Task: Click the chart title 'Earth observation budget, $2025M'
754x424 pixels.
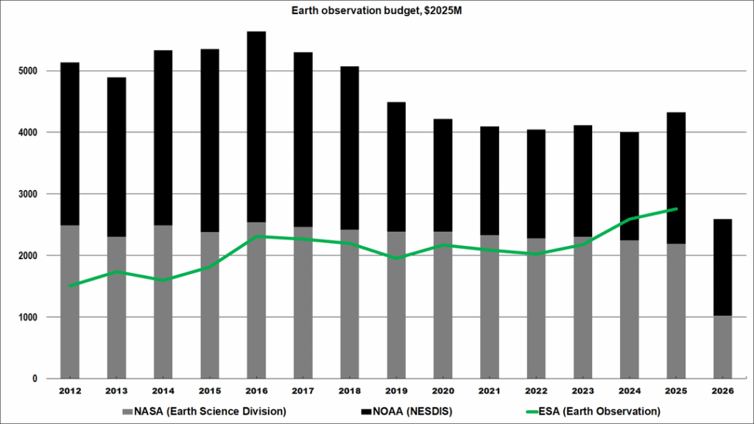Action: coord(376,10)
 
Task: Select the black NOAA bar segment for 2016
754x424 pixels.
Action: coord(256,127)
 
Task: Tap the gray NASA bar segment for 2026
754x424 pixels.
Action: coord(722,347)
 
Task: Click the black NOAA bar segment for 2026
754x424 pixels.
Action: coord(722,268)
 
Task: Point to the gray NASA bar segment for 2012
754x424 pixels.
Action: coord(70,302)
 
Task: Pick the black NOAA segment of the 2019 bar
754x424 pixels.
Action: coord(396,167)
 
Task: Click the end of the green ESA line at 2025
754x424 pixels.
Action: coord(676,209)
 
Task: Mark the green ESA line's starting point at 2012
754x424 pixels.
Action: coord(70,286)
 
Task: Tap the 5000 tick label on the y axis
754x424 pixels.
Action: coord(28,71)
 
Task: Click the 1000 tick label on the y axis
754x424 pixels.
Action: coord(28,317)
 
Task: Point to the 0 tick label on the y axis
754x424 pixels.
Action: coord(35,379)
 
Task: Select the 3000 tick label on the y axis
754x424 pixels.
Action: coord(28,194)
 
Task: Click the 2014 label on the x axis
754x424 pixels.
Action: coord(163,391)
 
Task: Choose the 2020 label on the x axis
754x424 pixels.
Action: coord(443,391)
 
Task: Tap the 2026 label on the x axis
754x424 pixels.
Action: coord(722,391)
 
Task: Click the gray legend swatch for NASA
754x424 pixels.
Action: coord(127,412)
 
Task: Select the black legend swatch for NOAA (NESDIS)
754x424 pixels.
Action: coord(366,412)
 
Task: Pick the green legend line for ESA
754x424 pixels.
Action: coord(532,412)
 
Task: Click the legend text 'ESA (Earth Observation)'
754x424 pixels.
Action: coord(599,411)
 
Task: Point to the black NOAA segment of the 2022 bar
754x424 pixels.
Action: coord(536,183)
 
